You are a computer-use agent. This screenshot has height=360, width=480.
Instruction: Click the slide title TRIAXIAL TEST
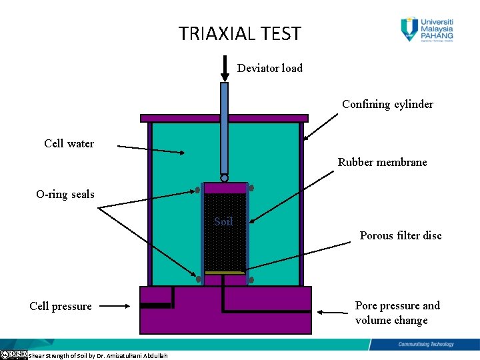click(239, 33)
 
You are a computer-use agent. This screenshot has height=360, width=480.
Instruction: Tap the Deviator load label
click(269, 68)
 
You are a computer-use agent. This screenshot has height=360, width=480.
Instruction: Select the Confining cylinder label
click(387, 104)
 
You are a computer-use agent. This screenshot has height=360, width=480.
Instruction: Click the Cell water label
click(69, 143)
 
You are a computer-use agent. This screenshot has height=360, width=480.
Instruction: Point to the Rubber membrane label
click(382, 162)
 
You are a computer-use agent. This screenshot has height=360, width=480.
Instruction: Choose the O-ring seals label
click(65, 195)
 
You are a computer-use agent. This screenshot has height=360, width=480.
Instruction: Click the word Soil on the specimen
click(223, 221)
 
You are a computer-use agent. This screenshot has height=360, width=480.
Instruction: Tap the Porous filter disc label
click(400, 235)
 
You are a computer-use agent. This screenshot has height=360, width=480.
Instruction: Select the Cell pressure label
click(61, 307)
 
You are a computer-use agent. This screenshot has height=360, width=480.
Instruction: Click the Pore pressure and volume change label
click(397, 313)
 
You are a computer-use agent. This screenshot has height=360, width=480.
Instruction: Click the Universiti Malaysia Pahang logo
click(427, 28)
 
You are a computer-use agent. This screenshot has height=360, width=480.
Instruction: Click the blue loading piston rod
click(225, 127)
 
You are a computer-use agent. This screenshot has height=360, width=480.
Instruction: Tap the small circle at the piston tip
click(225, 178)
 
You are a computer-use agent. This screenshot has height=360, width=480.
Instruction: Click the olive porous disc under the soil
click(225, 273)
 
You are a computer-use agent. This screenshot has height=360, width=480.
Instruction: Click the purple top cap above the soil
click(225, 187)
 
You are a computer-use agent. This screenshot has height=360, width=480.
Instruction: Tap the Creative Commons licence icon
click(13, 355)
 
